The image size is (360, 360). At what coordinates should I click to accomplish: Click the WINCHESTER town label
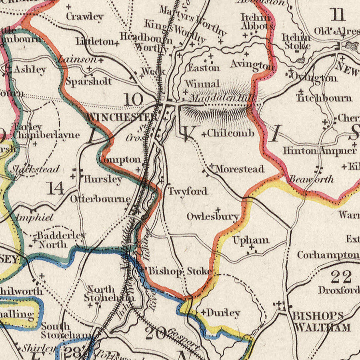coord(122,117)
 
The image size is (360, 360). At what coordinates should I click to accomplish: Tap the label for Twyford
coord(187,191)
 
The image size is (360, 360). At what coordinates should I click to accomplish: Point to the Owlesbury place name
coord(213,217)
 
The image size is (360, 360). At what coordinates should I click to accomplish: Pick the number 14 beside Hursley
coord(55,188)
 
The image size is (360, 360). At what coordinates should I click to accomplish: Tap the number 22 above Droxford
coord(341,276)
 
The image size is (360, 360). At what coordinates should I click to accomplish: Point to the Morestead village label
coord(240,169)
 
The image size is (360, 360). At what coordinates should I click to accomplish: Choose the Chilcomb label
coord(231,133)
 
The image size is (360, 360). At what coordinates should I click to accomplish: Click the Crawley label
coord(85,17)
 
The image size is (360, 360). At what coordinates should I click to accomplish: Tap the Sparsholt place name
coord(89,82)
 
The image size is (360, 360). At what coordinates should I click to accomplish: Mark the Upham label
coord(251,240)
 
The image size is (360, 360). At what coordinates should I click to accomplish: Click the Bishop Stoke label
coord(180,271)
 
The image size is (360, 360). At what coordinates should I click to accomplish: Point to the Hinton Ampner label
coord(320,150)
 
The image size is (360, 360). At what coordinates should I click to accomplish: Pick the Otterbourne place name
coord(100,199)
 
